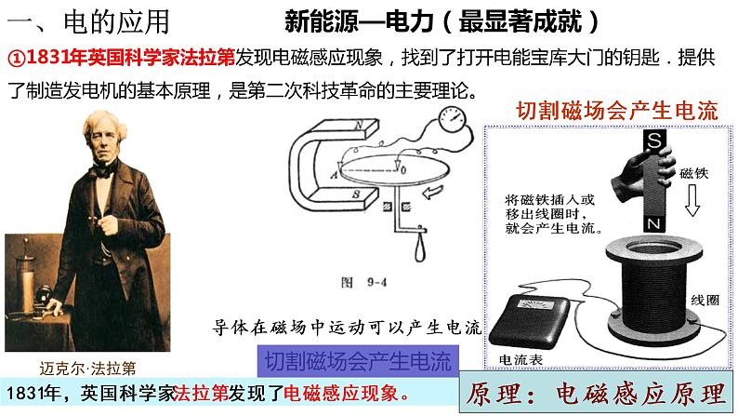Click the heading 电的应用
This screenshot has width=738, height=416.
116,21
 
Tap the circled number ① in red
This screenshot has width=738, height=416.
17,58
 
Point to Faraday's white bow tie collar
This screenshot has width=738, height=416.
103,169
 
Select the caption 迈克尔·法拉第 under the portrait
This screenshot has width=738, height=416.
87,368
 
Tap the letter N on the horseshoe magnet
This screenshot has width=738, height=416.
359,126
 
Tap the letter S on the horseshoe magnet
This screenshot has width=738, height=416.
356,194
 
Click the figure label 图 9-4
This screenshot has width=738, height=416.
363,282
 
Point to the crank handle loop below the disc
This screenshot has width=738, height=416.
420,248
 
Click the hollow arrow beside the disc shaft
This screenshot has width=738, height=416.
433,192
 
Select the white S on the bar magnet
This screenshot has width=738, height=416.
654,140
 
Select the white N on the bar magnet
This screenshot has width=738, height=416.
653,223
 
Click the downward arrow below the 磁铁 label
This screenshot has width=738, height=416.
692,200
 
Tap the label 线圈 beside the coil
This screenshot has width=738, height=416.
705,300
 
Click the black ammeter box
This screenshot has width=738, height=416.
530,320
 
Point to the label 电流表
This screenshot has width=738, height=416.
521,360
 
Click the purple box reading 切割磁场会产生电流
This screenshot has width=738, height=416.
358,361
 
